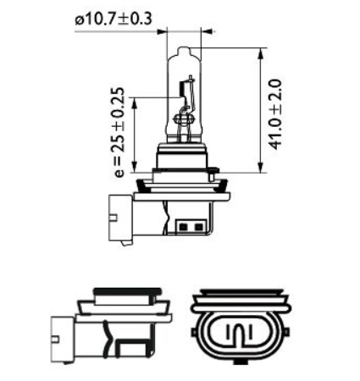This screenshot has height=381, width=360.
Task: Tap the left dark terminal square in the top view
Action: coord(185,228)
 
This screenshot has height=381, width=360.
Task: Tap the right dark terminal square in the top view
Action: coord(197,228)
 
